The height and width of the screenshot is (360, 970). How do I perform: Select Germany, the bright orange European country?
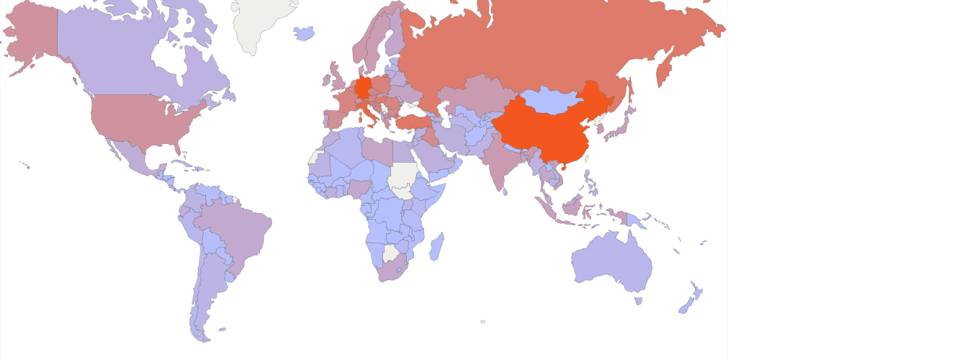point(364,87)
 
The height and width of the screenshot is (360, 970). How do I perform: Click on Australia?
point(612,263)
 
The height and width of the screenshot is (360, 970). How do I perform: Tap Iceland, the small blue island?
point(305,33)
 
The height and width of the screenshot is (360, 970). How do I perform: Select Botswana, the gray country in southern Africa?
point(390,253)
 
